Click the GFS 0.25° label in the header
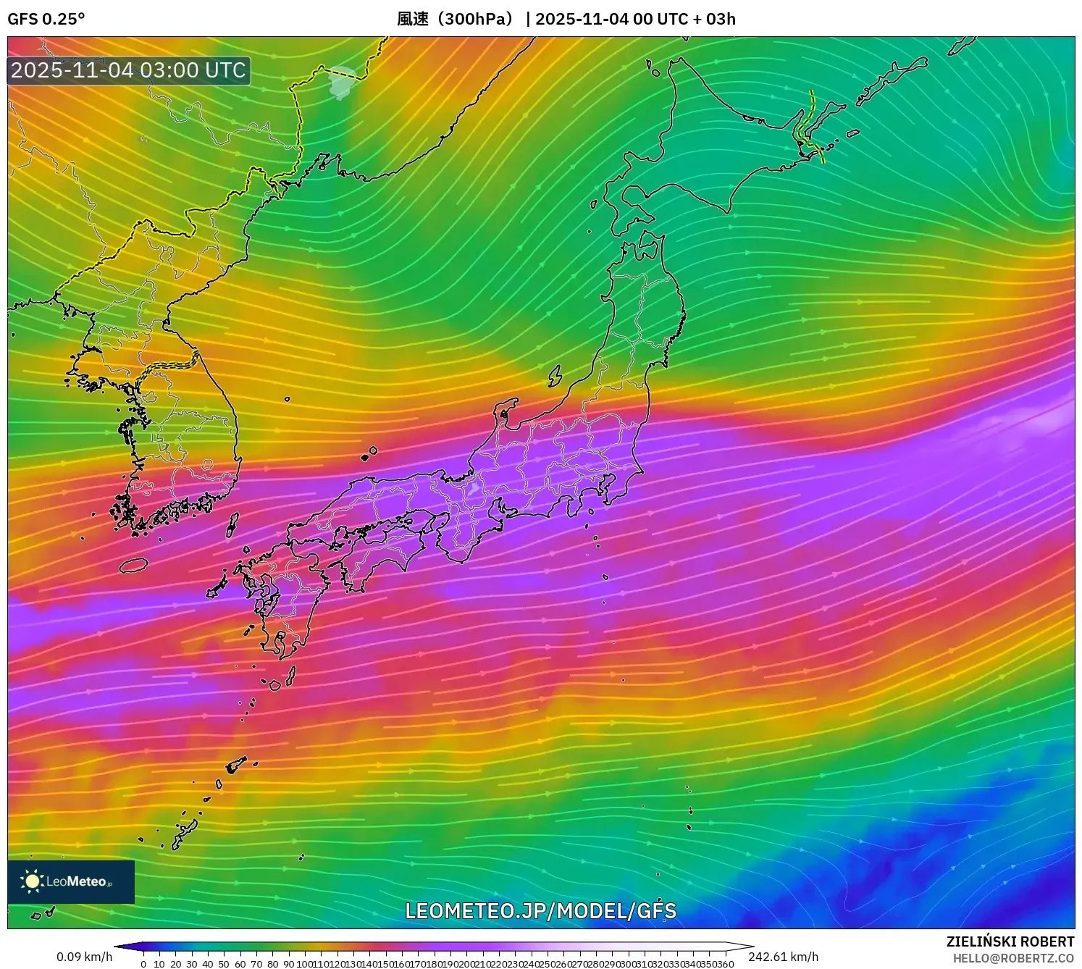coord(46,19)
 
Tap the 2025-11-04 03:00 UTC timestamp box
coord(129,70)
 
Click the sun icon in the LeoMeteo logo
coord(32,881)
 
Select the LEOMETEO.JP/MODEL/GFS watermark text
coord(540,911)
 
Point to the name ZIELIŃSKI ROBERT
coord(1010,941)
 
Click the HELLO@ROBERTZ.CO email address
coord(1013,958)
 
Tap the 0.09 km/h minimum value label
coord(85,957)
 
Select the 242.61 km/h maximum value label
coord(784,957)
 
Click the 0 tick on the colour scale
coord(143,964)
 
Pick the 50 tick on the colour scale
coord(224,964)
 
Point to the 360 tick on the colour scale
coord(726,964)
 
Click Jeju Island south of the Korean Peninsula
coord(134,564)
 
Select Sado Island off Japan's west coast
coord(555,375)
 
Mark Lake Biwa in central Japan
coord(474,490)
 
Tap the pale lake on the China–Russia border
coord(342,82)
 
